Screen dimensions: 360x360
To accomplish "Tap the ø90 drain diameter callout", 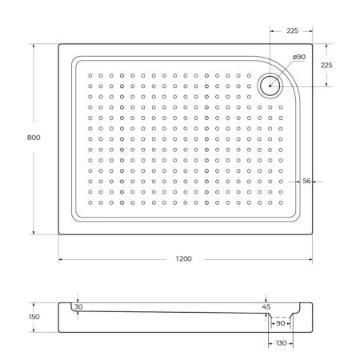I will point(298,57).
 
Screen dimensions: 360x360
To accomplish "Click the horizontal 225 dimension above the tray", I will point(292,31).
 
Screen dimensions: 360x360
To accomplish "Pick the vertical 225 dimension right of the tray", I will point(326,65).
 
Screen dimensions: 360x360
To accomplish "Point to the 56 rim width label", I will point(306,181).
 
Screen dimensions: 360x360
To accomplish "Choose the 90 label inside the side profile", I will point(280,323).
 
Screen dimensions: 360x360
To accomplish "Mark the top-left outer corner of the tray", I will point(59,44).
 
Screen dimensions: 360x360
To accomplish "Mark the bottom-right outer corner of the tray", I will point(312,234).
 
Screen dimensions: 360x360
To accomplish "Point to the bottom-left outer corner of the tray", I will point(59,234).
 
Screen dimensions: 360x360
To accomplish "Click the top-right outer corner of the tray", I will point(312,44).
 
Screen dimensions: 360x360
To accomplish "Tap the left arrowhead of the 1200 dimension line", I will point(61,260).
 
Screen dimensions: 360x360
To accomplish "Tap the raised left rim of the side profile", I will point(63,307).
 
